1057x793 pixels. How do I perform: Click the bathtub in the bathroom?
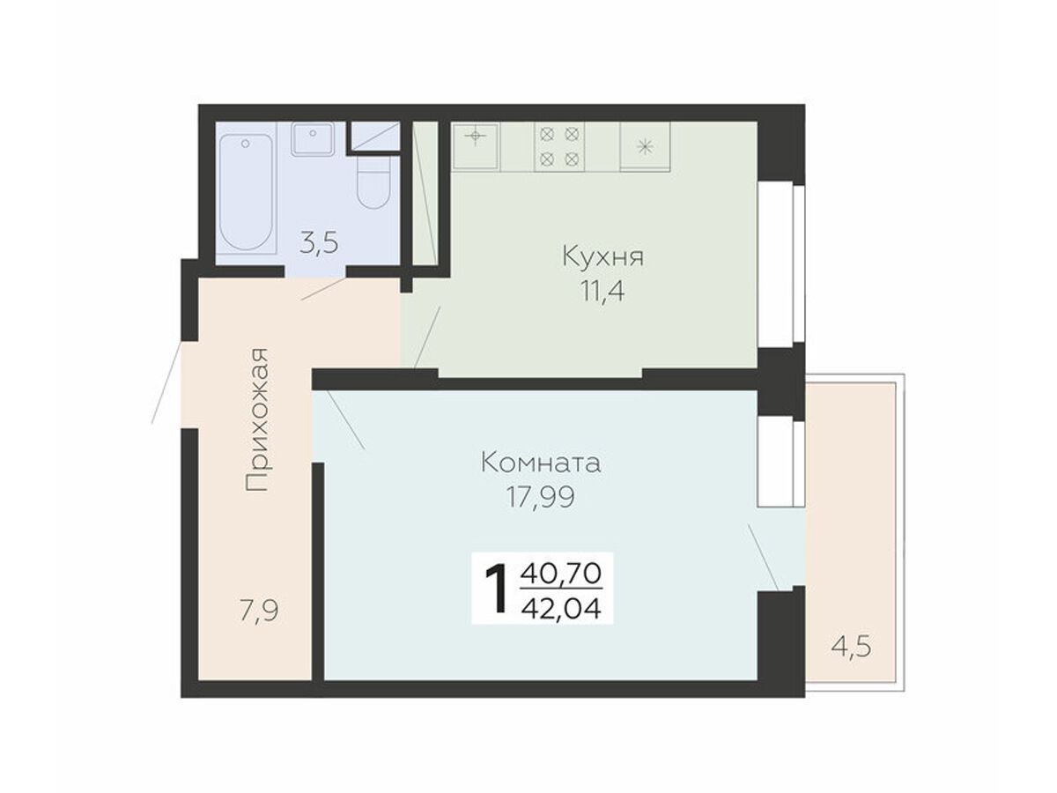pyautogui.click(x=246, y=191)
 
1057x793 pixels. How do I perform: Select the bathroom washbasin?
pyautogui.click(x=313, y=138)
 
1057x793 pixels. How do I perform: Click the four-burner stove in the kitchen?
pyautogui.click(x=558, y=146)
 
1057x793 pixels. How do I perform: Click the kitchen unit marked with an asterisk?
pyautogui.click(x=644, y=146)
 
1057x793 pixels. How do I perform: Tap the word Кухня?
pyautogui.click(x=602, y=256)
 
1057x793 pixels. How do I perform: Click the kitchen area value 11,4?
pyautogui.click(x=602, y=291)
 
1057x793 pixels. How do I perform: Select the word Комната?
pyautogui.click(x=541, y=463)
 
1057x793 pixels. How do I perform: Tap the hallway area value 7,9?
pyautogui.click(x=259, y=612)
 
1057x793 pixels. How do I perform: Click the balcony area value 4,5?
pyautogui.click(x=852, y=647)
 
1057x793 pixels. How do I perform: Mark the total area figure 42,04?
pyautogui.click(x=561, y=610)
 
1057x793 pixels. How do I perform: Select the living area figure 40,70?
pyautogui.click(x=561, y=574)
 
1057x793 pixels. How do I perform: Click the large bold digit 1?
pyautogui.click(x=497, y=590)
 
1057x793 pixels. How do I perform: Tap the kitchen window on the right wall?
pyautogui.click(x=781, y=263)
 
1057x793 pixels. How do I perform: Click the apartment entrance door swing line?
pyautogui.click(x=166, y=382)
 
